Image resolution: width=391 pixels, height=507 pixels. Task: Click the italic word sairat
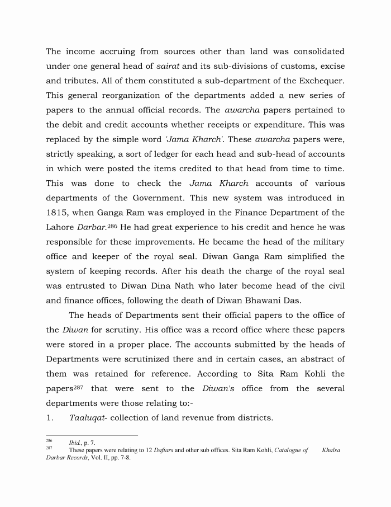175,67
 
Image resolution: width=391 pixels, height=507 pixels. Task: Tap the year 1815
57,213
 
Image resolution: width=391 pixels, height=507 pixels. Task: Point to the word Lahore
61,227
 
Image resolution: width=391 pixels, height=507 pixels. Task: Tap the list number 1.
50,417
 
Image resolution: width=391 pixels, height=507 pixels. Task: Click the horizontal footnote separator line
92,435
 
